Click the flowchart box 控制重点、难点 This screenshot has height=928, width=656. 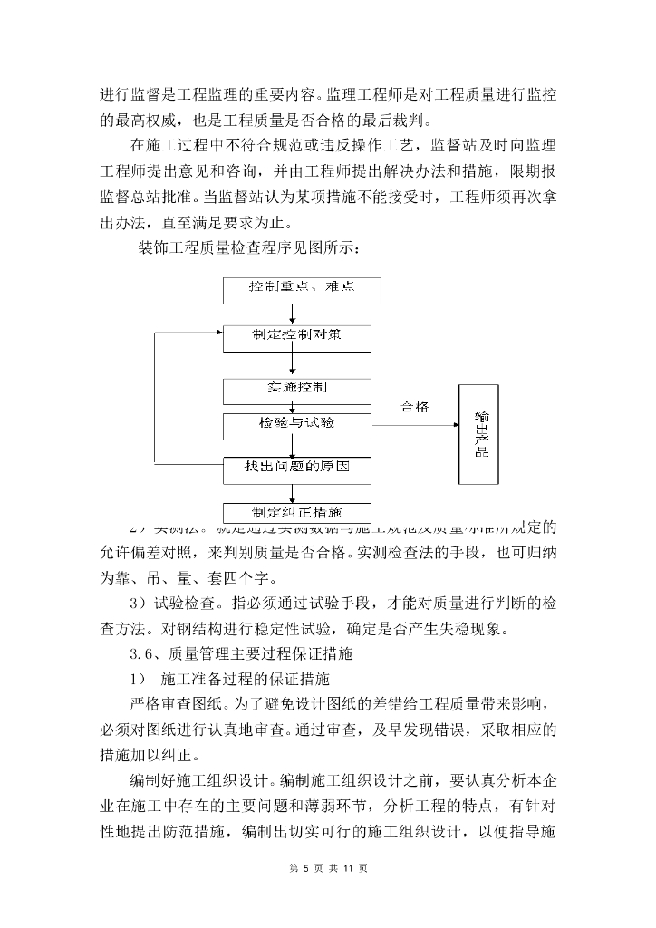(x=302, y=289)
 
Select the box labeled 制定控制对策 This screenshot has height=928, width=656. (x=297, y=338)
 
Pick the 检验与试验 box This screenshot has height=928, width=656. (x=297, y=423)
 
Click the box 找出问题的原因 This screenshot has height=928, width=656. (x=297, y=469)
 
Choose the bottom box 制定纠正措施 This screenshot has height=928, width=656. (x=297, y=511)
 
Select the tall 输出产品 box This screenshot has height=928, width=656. (x=483, y=437)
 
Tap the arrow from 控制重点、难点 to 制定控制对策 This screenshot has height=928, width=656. (x=292, y=314)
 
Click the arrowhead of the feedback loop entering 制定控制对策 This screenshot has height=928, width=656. (x=218, y=333)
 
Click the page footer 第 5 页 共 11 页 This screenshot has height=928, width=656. (x=328, y=868)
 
